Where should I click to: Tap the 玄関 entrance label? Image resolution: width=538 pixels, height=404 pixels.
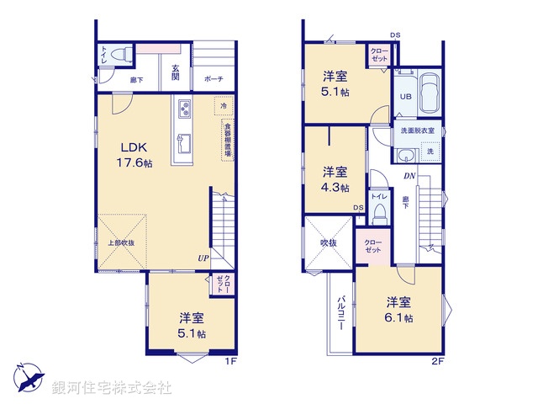coord(176,72)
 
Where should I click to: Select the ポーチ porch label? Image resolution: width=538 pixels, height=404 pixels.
coord(213,79)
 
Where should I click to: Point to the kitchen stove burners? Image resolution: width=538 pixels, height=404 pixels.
coord(184,109)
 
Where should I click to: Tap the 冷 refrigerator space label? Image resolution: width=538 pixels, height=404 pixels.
coord(223,107)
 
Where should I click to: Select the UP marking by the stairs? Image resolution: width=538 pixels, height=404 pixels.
coord(203,258)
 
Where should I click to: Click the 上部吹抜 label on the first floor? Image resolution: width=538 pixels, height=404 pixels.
coord(121,243)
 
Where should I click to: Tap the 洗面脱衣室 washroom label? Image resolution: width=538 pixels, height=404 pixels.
coord(417,131)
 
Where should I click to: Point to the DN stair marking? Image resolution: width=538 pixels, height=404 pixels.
coord(409,176)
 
